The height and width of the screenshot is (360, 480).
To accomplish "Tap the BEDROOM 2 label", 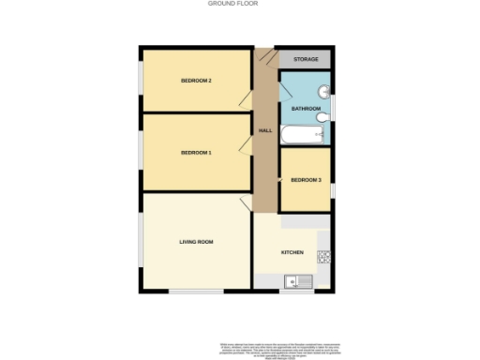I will coord(196,81).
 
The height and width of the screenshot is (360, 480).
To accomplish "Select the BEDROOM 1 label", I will coord(196,152).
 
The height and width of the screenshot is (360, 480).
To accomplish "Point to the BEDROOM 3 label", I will coord(306,180).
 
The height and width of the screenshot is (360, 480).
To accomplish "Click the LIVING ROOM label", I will coord(197,243).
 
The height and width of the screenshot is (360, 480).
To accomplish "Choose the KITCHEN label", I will coord(292,252).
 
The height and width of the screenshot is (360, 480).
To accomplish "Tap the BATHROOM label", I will coord(306,110).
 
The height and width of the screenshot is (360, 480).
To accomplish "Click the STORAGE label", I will coord(306,60).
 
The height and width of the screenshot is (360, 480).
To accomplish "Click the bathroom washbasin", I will coord(323,92).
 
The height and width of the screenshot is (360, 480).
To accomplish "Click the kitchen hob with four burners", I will coord(324,255).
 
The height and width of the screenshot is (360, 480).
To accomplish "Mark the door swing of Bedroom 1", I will coord(246,142).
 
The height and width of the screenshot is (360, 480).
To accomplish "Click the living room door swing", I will coord(246,204).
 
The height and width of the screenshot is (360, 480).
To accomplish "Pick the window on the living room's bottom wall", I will coord(196,292).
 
